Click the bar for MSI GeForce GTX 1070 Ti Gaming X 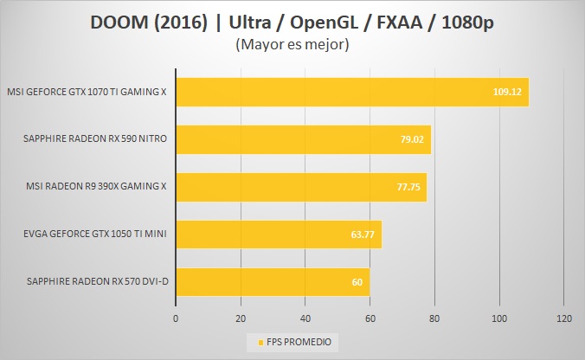(346, 92)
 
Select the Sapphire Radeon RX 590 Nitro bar (303, 139)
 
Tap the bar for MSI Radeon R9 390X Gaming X (300, 187)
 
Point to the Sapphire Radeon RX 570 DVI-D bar (272, 281)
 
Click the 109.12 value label (506, 92)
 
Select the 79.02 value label (412, 139)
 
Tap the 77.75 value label (408, 187)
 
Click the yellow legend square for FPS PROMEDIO (249, 342)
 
